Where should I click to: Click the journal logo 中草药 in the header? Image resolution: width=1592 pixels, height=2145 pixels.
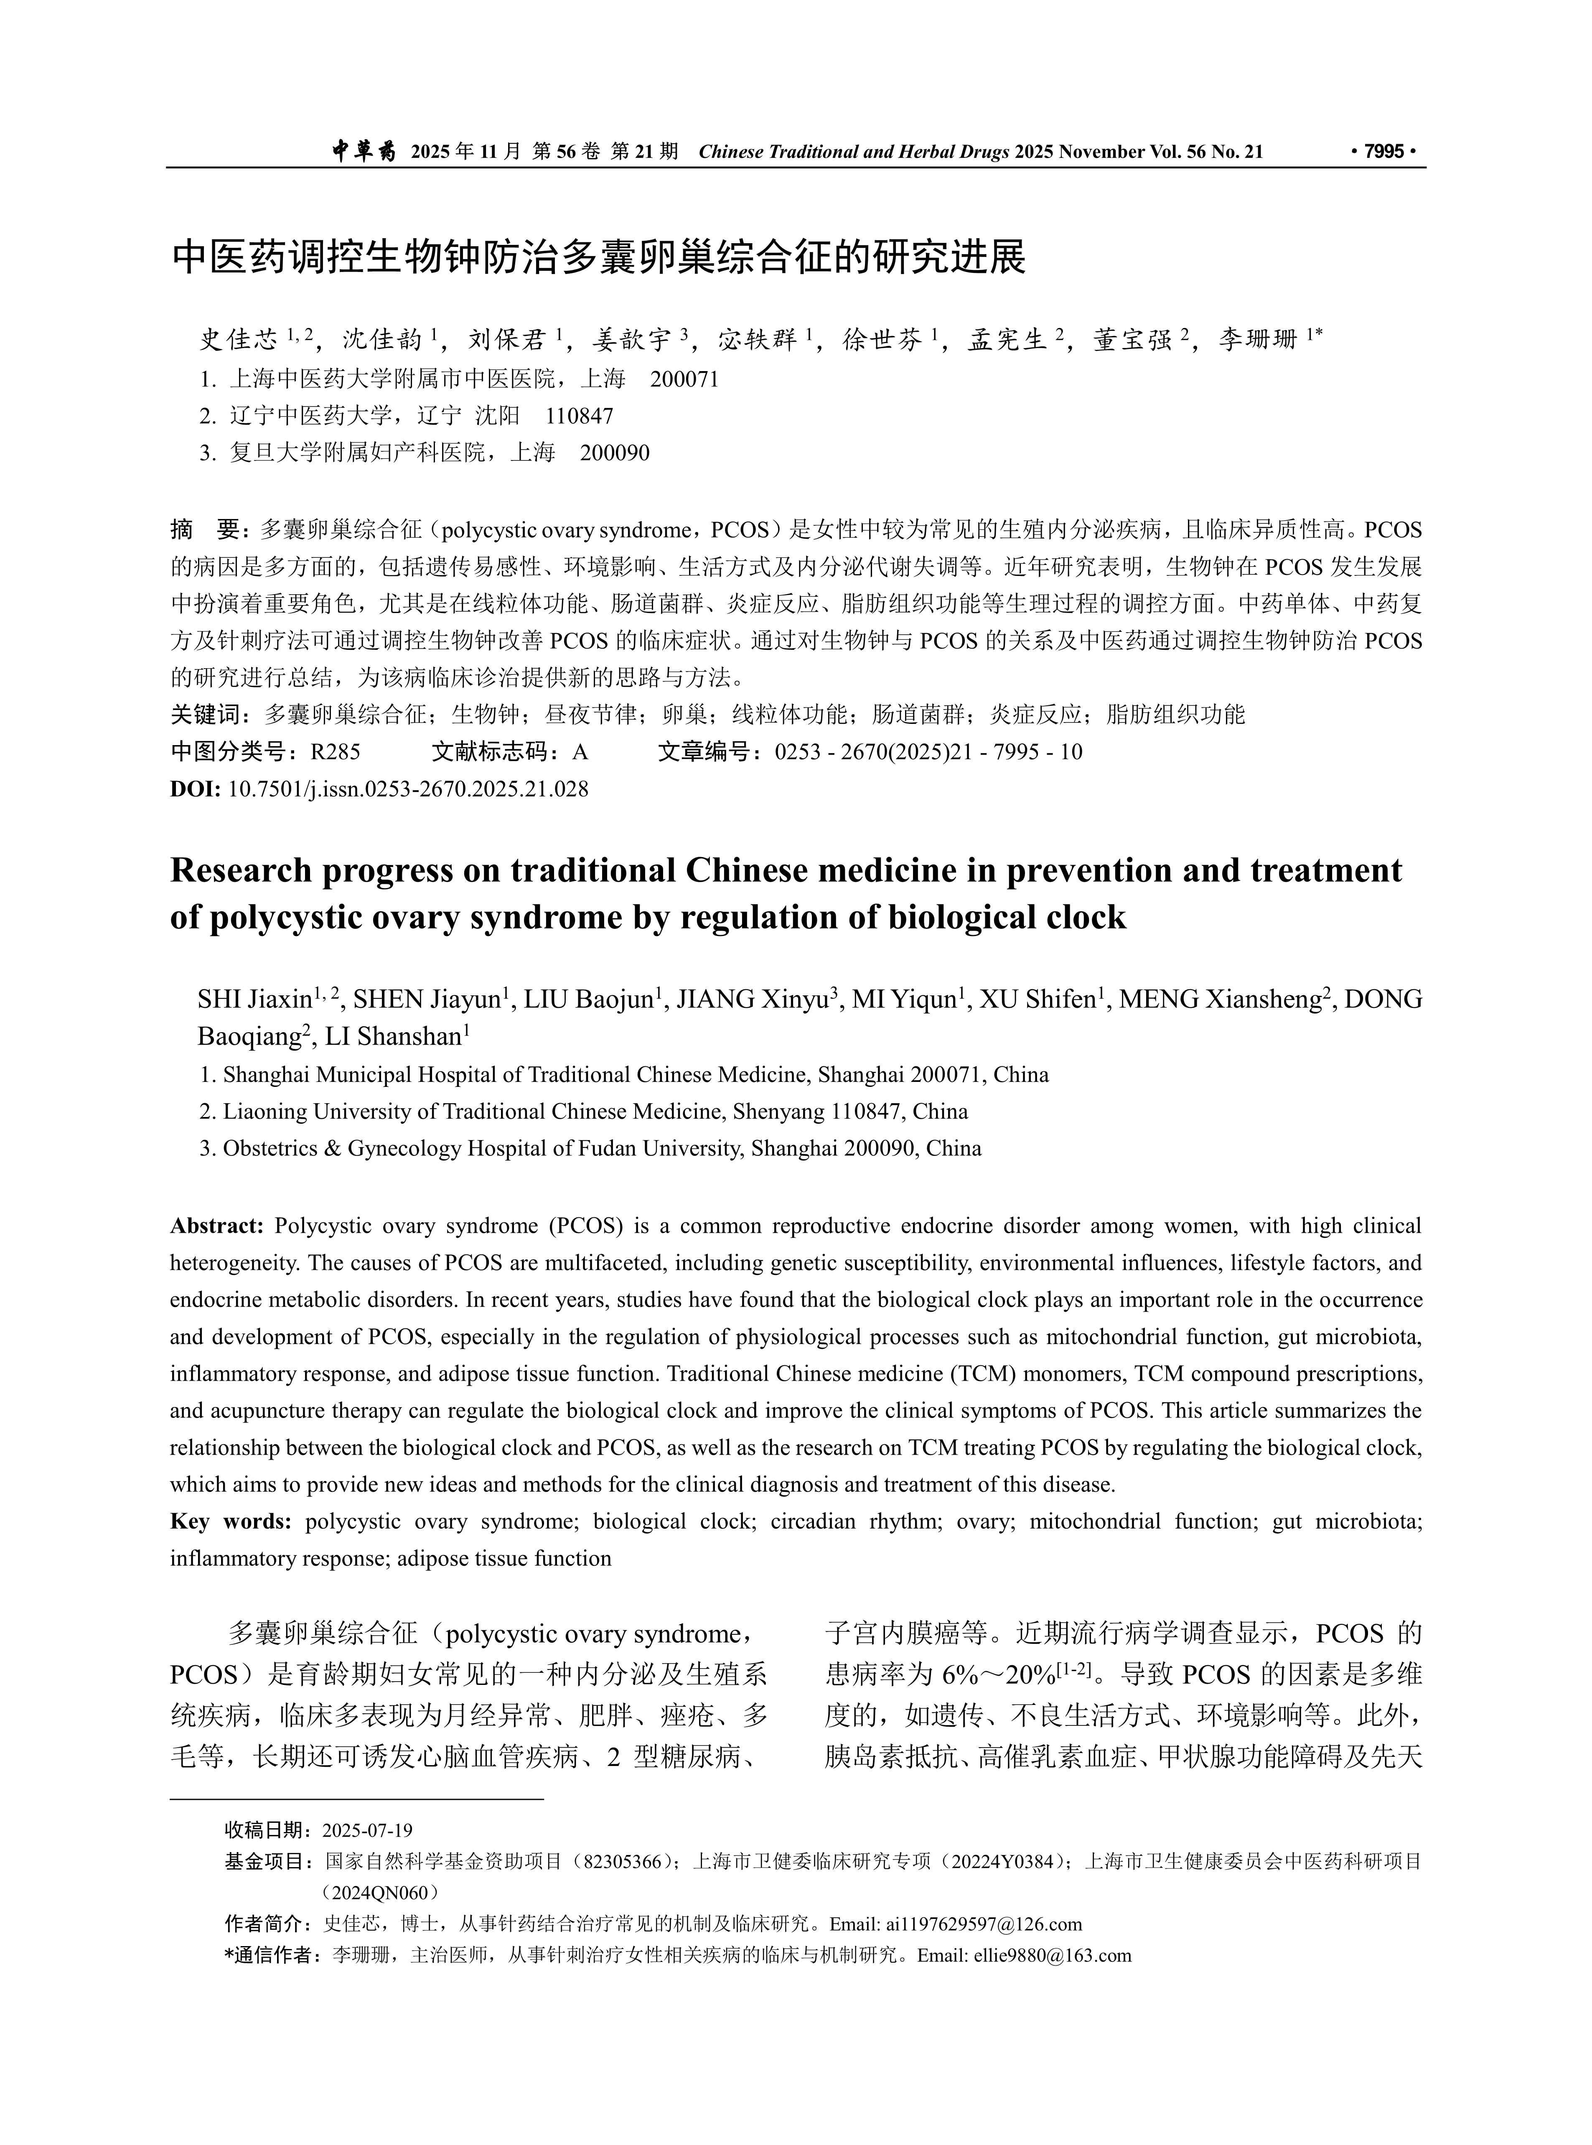pos(363,151)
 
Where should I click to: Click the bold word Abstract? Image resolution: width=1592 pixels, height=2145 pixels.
pos(217,1226)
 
